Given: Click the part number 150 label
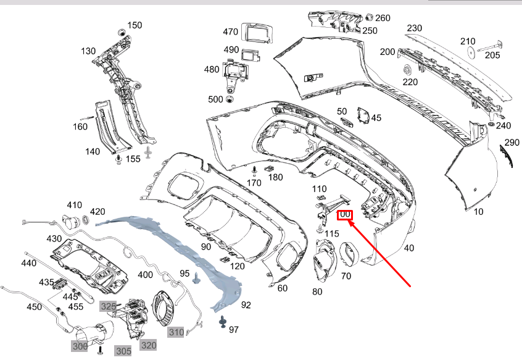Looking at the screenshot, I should pos(135,25).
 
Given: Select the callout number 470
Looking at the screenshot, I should pos(230,31).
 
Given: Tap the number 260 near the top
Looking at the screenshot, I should pos(383,18).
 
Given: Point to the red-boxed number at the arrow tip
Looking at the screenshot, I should pos(345,215).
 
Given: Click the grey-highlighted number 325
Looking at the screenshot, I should pos(109,306).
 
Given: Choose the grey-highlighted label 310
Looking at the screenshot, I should pos(176,332).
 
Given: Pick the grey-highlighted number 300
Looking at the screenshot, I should pos(80,347).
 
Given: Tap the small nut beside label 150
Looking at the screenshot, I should pos(122,31).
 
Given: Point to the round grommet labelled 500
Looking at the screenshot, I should pos(231,99).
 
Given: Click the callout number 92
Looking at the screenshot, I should pos(246,304).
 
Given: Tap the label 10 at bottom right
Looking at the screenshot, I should pos(478,212).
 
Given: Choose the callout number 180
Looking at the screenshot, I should pos(275,177).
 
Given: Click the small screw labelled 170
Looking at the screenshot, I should pos(255,170).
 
